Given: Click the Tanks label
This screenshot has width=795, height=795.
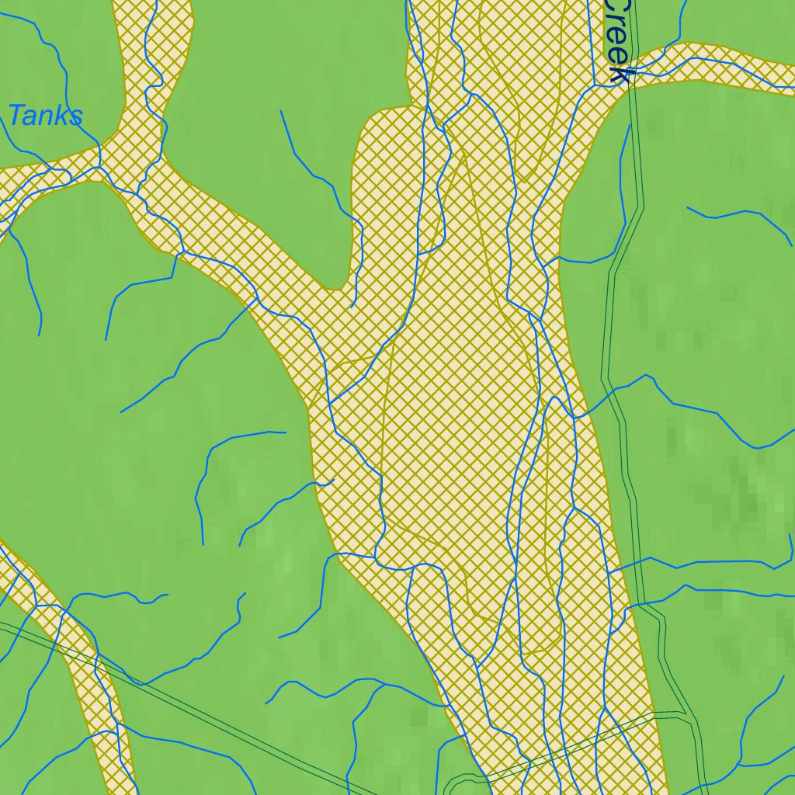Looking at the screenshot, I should click(45, 116).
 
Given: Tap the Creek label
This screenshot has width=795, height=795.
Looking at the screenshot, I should click(617, 39).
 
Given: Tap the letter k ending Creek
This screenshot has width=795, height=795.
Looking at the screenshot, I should click(620, 75).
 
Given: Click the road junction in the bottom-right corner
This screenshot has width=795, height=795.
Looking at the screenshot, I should click(691, 717).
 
